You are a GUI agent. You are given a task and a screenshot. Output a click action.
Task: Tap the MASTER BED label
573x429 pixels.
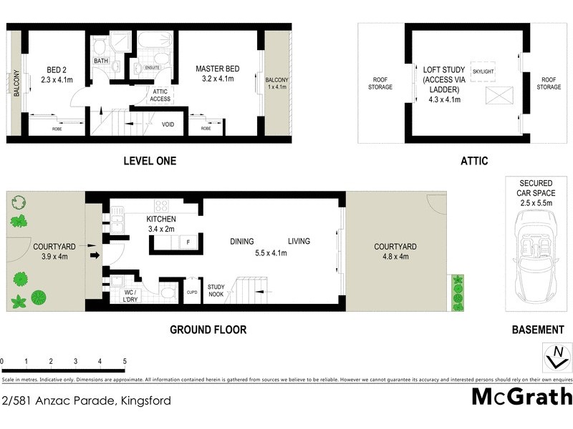point(218,69)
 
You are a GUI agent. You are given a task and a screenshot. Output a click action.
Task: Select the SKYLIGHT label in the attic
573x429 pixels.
point(483,71)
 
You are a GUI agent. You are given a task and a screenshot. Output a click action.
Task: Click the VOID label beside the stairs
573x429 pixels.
point(168,124)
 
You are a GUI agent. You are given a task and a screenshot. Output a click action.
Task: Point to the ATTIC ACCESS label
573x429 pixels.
point(160,95)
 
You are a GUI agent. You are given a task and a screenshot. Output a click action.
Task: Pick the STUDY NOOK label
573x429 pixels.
point(216,291)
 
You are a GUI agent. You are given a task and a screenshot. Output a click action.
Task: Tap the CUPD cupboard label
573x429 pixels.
point(192,292)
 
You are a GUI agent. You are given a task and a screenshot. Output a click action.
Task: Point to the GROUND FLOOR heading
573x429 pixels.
point(208,330)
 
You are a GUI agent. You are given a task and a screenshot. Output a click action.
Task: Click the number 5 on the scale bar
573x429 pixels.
point(125,361)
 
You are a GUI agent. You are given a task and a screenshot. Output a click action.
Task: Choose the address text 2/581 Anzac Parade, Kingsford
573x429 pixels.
point(86,400)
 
